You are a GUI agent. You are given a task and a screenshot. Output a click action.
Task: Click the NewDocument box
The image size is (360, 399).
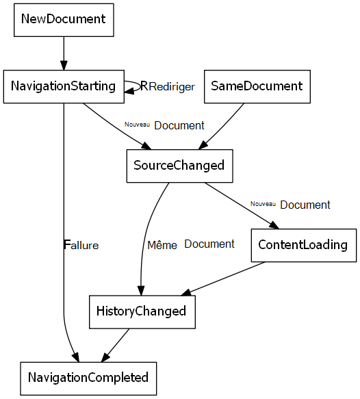click(64, 18)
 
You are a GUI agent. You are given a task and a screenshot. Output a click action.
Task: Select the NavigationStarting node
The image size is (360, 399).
click(63, 86)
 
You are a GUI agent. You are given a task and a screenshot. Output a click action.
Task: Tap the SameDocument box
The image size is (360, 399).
click(257, 86)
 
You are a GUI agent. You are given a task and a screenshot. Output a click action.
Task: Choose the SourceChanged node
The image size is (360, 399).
click(179, 166)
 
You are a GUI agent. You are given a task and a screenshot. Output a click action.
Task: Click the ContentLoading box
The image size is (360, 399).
click(303, 245)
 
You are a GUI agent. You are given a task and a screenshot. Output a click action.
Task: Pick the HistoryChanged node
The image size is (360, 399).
click(142, 311)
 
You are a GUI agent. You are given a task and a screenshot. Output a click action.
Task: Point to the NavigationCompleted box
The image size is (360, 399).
click(88, 378)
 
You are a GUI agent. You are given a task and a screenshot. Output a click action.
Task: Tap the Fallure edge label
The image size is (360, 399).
click(81, 244)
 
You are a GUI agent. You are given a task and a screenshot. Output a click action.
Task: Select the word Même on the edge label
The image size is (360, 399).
click(162, 244)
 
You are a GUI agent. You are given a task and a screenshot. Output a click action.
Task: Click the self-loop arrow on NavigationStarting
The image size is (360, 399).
click(134, 86)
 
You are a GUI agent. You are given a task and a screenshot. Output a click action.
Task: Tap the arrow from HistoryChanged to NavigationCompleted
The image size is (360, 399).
click(116, 344)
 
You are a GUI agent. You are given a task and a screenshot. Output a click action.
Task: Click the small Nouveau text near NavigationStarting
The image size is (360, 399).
click(137, 125)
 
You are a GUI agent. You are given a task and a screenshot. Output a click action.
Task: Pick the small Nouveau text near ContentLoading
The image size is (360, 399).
click(263, 203)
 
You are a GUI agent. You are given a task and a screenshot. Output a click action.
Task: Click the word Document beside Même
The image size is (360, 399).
click(209, 244)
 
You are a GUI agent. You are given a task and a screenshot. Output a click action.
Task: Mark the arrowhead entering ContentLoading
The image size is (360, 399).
click(275, 227)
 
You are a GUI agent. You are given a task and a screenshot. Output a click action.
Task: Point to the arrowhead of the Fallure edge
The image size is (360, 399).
click(75, 357)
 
